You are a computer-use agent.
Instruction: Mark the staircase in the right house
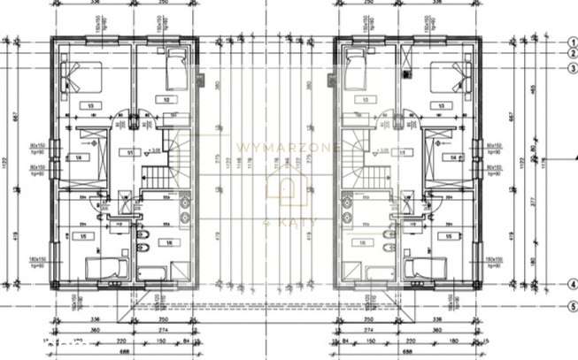click(358, 164)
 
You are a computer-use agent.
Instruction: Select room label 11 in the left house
click(130, 152)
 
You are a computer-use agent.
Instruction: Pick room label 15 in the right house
click(451, 237)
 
